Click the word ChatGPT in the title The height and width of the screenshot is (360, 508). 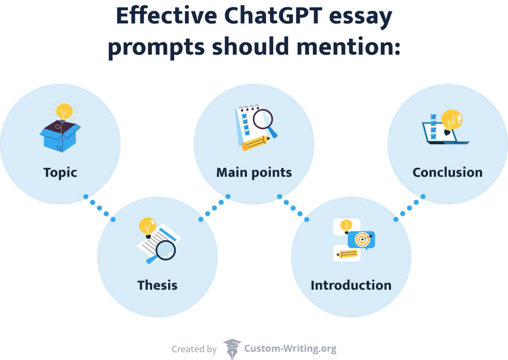pyautogui.click(x=273, y=16)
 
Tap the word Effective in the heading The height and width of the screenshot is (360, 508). pyautogui.click(x=166, y=16)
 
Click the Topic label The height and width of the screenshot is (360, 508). pyautogui.click(x=60, y=173)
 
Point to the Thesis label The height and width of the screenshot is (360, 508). pyautogui.click(x=157, y=285)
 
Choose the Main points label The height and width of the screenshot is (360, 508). pyautogui.click(x=254, y=173)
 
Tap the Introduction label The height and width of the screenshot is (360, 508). pyautogui.click(x=351, y=285)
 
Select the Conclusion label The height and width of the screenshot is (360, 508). pyautogui.click(x=447, y=173)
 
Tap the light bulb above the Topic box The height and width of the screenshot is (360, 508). pyautogui.click(x=64, y=112)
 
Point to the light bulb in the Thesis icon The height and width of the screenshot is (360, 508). pyautogui.click(x=147, y=227)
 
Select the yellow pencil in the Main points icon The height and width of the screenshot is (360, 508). pyautogui.click(x=255, y=142)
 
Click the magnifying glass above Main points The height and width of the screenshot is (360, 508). pyautogui.click(x=264, y=121)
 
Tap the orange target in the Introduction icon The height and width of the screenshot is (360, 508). pyautogui.click(x=362, y=240)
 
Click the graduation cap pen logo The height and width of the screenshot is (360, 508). pyautogui.click(x=232, y=349)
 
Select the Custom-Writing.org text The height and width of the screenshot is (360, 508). pyautogui.click(x=290, y=349)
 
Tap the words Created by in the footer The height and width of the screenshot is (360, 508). pyautogui.click(x=194, y=349)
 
